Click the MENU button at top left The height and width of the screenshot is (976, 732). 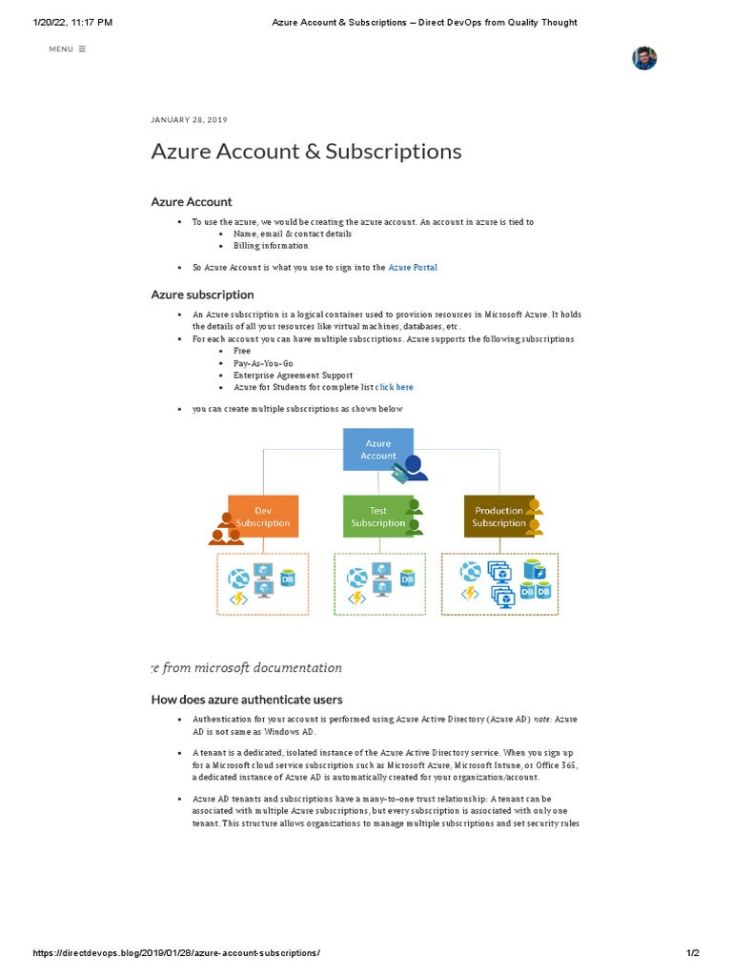click(67, 49)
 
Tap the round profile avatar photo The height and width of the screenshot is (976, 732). click(644, 58)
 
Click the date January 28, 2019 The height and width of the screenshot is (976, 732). click(189, 120)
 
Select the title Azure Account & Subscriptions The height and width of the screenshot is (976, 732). click(306, 152)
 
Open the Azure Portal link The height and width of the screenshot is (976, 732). click(413, 268)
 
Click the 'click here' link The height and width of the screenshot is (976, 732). click(395, 388)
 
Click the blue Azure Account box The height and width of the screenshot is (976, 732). click(378, 449)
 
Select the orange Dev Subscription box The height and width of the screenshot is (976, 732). click(263, 517)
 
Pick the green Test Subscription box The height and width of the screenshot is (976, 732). click(377, 517)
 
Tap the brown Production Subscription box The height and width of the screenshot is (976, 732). click(498, 517)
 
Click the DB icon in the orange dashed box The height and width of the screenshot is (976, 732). click(287, 579)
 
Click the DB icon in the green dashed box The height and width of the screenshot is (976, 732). click(407, 579)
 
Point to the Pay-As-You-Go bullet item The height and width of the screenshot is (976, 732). click(263, 363)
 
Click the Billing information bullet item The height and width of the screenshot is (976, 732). click(271, 246)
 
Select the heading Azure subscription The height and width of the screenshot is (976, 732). click(202, 295)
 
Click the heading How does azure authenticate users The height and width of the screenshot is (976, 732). click(247, 700)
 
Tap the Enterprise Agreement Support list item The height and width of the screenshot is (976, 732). click(293, 376)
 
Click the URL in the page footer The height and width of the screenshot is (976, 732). click(176, 953)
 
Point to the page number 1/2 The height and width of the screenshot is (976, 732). click(693, 953)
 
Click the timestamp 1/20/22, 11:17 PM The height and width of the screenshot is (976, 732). click(72, 22)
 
